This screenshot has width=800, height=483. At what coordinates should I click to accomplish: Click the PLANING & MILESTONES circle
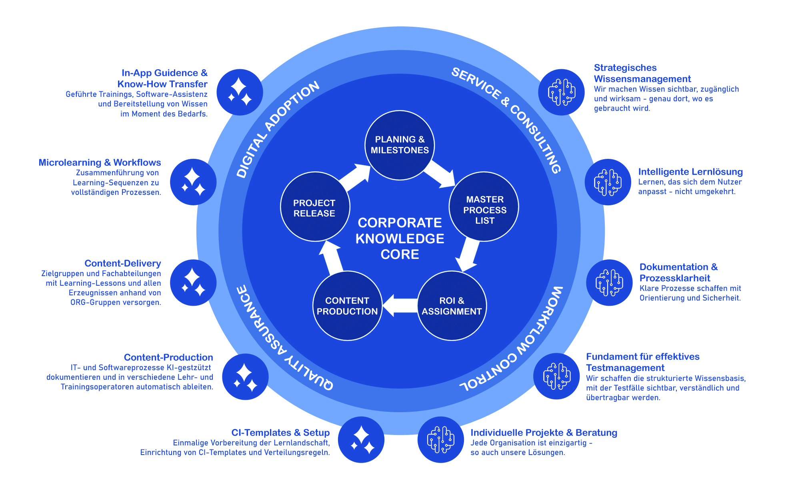pyautogui.click(x=400, y=145)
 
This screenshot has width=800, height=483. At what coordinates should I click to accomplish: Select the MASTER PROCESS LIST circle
pyautogui.click(x=484, y=207)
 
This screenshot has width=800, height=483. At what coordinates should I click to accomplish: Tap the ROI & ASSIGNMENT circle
pyautogui.click(x=452, y=306)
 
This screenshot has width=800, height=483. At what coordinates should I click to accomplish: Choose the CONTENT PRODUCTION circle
pyautogui.click(x=347, y=306)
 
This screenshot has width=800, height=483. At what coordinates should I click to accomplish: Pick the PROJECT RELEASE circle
pyautogui.click(x=315, y=207)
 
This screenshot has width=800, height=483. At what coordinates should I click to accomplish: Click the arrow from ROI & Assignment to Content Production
pyautogui.click(x=400, y=306)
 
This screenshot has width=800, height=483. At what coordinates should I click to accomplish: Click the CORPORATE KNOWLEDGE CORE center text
pyautogui.click(x=400, y=238)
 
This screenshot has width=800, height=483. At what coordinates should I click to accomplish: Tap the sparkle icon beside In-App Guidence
pyautogui.click(x=240, y=92)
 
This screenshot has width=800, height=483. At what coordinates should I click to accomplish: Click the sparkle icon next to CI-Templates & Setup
pyautogui.click(x=361, y=440)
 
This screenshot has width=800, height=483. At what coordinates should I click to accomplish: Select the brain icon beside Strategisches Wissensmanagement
pyautogui.click(x=561, y=92)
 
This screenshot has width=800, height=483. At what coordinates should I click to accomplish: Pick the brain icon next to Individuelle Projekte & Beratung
pyautogui.click(x=441, y=440)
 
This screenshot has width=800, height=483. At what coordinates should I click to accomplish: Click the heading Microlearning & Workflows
pyautogui.click(x=100, y=162)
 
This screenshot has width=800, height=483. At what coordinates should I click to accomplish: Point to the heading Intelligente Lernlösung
pyautogui.click(x=690, y=172)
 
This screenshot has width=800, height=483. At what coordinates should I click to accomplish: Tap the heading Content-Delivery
pyautogui.click(x=122, y=263)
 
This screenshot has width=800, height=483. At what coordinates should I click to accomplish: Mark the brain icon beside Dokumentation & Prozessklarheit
pyautogui.click(x=609, y=283)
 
